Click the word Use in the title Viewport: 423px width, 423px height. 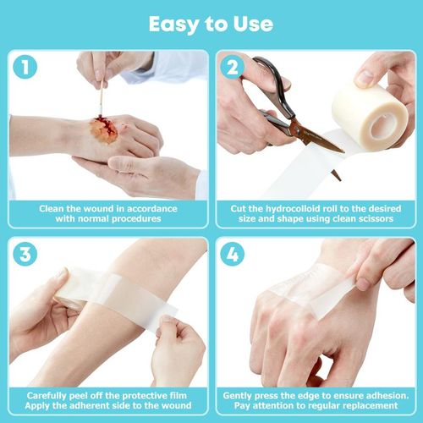[x=253, y=23]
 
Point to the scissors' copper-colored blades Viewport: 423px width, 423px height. [x=317, y=140]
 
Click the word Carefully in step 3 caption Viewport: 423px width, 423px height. [x=52, y=394]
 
